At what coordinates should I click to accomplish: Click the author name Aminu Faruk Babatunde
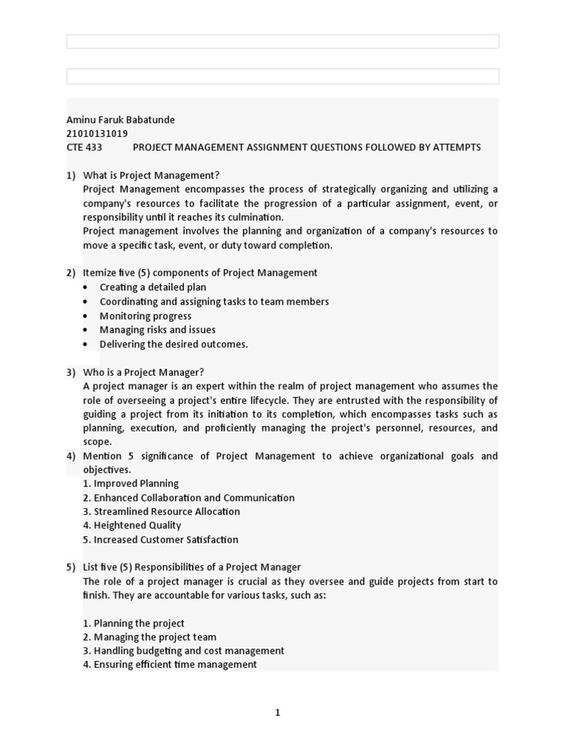click(121, 120)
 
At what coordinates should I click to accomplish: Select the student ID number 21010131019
click(97, 134)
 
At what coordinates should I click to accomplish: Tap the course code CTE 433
click(85, 147)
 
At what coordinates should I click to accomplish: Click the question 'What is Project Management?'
click(152, 175)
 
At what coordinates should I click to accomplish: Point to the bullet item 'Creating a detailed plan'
click(153, 288)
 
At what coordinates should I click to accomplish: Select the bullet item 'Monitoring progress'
click(146, 316)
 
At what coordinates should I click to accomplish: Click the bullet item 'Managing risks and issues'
click(157, 330)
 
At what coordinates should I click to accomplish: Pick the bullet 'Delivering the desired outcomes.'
click(174, 344)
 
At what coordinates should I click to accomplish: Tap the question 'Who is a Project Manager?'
click(143, 372)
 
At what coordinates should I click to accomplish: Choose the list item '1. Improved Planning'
click(131, 484)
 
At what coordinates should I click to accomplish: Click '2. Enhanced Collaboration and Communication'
click(188, 498)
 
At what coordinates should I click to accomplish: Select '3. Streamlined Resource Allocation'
click(161, 512)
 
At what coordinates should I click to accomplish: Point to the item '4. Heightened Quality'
click(132, 526)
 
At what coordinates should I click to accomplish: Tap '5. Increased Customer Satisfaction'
click(160, 540)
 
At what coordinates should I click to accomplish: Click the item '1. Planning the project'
click(134, 624)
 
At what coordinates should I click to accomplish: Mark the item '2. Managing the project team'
click(149, 638)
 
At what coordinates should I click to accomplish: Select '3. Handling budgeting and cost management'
click(183, 651)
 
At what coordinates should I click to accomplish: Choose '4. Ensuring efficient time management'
click(170, 665)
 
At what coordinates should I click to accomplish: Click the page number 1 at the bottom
click(277, 713)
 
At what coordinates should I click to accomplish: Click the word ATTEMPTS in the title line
click(456, 147)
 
